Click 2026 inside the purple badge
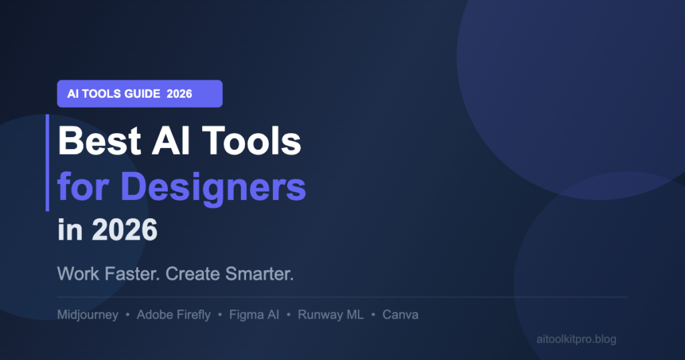point(179,94)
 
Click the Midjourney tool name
point(88,314)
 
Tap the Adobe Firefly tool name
point(173,314)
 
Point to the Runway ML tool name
point(330,314)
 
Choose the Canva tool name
point(400,314)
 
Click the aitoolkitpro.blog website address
point(576,339)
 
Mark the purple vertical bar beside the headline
point(47,163)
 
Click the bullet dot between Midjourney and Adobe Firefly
point(128,314)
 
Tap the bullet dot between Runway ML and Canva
point(373,314)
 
